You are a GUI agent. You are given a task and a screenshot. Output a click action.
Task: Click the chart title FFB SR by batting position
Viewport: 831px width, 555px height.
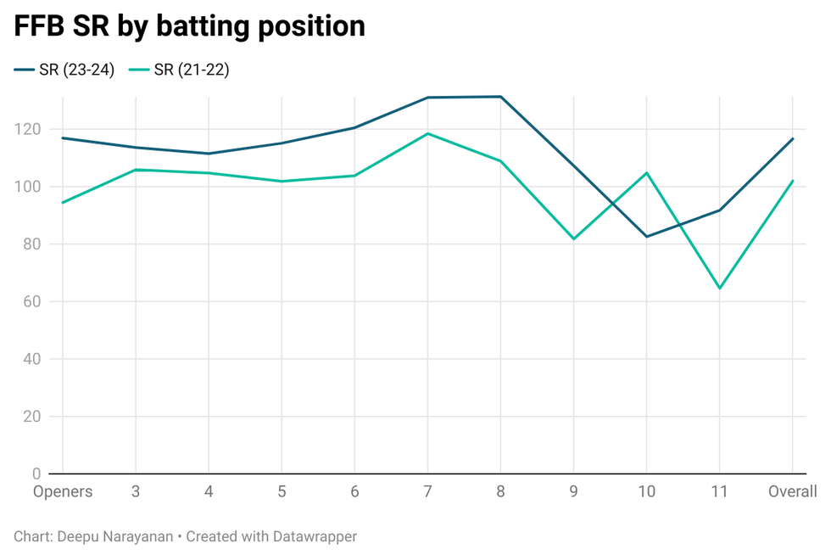[x=189, y=26]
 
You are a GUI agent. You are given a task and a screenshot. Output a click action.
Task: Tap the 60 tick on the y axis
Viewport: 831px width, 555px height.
[x=32, y=301]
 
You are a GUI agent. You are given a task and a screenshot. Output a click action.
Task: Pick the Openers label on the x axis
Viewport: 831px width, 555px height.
[x=62, y=492]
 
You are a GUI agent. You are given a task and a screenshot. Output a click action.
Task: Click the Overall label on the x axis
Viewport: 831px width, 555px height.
[x=792, y=492]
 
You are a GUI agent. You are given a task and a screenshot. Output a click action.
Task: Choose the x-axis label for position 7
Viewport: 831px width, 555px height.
[x=427, y=492]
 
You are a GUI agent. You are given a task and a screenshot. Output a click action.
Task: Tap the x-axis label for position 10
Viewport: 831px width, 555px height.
[x=646, y=492]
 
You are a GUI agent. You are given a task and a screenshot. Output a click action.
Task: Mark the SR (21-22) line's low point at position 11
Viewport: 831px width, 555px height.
[x=719, y=289]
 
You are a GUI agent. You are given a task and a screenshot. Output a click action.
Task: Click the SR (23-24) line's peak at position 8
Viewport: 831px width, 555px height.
[x=500, y=97]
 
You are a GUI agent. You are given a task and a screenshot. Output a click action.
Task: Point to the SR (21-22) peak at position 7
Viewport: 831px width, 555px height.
[x=427, y=133]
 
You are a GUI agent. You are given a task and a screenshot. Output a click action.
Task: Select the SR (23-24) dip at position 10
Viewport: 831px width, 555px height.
[x=646, y=236]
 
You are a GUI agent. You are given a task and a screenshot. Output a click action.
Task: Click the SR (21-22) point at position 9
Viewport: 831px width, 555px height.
[x=573, y=238]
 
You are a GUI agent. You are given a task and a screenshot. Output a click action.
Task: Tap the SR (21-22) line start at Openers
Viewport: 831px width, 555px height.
[x=62, y=203]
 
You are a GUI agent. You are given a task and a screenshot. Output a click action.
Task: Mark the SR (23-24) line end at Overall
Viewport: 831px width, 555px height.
[x=792, y=138]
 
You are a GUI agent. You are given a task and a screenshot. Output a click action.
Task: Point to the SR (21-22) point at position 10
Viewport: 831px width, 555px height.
[x=646, y=173]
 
